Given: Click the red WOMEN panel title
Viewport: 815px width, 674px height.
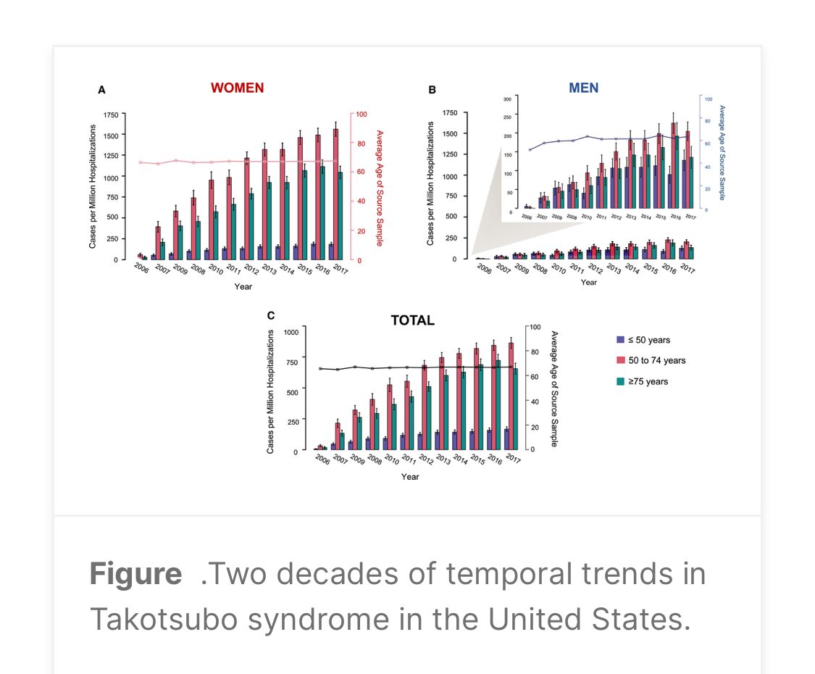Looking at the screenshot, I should tap(237, 88).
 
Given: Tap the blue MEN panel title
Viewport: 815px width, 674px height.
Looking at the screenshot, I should tap(583, 88).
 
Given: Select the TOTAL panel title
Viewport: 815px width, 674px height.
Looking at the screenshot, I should tap(412, 320).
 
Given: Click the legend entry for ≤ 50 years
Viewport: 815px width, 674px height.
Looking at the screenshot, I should tap(643, 340).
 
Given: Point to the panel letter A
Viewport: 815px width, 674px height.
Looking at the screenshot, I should tap(101, 90).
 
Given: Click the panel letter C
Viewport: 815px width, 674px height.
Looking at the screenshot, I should tap(271, 315).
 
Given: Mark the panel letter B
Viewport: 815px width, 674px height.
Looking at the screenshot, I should tap(432, 90).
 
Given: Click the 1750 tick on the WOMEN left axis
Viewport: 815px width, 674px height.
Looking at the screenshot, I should tap(111, 115).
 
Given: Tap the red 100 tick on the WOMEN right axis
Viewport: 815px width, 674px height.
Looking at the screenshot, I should tap(361, 115).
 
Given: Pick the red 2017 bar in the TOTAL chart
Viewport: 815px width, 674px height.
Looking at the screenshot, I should tap(511, 395).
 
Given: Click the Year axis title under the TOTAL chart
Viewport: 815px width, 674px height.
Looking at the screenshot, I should tap(410, 476).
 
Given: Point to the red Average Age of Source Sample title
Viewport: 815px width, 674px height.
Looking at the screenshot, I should tap(379, 187).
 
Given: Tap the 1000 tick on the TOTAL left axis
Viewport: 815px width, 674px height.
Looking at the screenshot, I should tap(291, 331).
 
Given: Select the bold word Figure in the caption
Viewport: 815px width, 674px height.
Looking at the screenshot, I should tap(135, 574).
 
